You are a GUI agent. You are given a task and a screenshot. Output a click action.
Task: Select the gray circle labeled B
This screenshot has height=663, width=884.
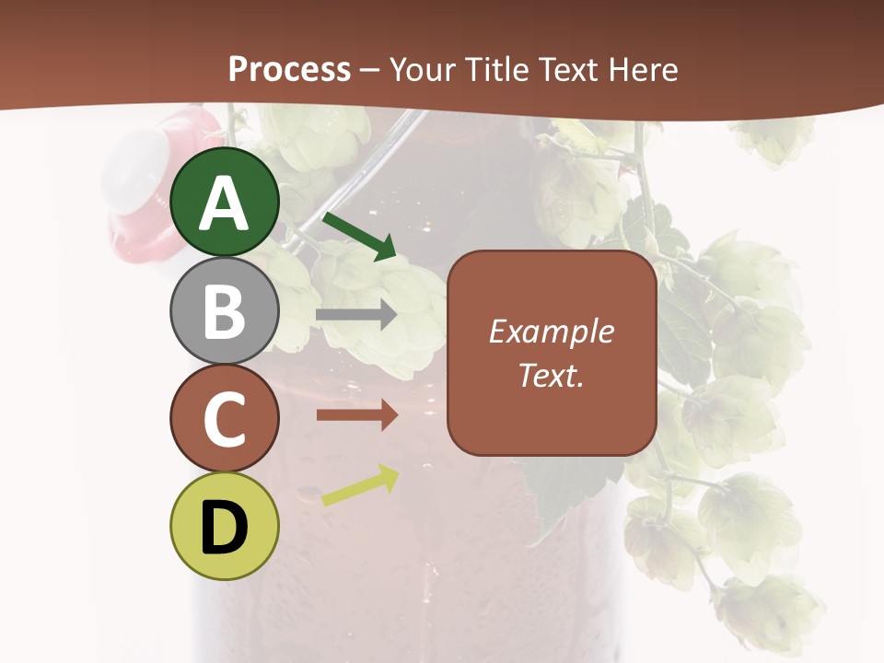point(225,310)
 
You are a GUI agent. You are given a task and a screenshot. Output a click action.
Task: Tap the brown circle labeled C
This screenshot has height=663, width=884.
point(225,418)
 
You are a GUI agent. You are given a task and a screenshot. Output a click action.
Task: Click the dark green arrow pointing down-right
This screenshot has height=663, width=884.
point(360,236)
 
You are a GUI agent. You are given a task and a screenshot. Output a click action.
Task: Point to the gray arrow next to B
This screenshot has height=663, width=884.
point(356,315)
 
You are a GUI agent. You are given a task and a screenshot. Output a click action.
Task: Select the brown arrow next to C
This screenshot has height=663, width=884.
point(356,415)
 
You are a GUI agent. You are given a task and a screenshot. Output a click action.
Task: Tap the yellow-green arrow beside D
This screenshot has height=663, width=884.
point(360,486)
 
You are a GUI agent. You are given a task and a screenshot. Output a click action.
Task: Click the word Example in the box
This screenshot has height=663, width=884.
point(552,331)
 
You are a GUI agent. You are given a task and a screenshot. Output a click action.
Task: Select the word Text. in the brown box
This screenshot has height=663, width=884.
point(552,375)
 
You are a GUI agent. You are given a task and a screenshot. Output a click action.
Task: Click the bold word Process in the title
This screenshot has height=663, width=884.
point(289,69)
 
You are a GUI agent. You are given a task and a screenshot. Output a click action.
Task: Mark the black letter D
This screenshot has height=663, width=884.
point(225,528)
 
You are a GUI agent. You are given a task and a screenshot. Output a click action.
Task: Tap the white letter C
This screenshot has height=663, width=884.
point(225,420)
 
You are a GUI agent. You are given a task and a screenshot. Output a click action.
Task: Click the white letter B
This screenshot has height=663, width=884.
point(225,310)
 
